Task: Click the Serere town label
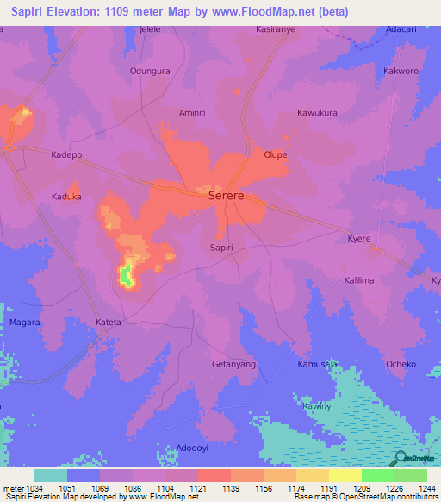pyautogui.click(x=227, y=197)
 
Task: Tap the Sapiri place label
pyautogui.click(x=221, y=248)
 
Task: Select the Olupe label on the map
pyautogui.click(x=276, y=155)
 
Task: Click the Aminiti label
pyautogui.click(x=192, y=113)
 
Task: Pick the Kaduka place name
pyautogui.click(x=66, y=197)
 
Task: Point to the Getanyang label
pyautogui.click(x=234, y=365)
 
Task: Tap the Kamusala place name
pyautogui.click(x=317, y=365)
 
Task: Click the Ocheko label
pyautogui.click(x=401, y=365)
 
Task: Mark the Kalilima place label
pyautogui.click(x=359, y=281)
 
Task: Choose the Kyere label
pyautogui.click(x=359, y=238)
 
